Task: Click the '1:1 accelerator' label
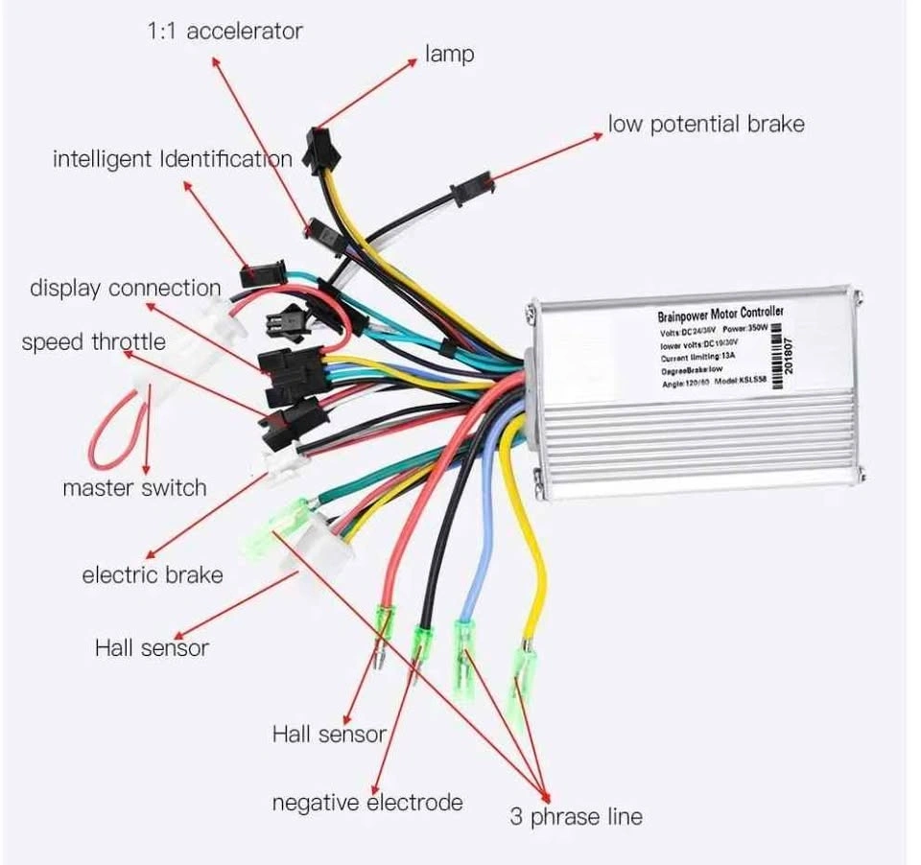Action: (x=224, y=31)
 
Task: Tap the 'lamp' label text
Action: (x=449, y=54)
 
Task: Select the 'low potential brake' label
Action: (x=706, y=124)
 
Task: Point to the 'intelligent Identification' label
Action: (x=172, y=158)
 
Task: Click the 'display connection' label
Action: (x=125, y=288)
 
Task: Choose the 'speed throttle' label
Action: (x=93, y=341)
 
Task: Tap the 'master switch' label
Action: (x=134, y=487)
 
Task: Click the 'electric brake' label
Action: (x=152, y=575)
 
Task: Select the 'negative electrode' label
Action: (x=366, y=802)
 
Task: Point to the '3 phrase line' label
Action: (x=576, y=817)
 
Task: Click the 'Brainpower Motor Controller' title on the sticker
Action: (x=720, y=314)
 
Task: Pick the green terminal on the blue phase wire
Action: (x=464, y=637)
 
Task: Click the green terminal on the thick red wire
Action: (x=384, y=622)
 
